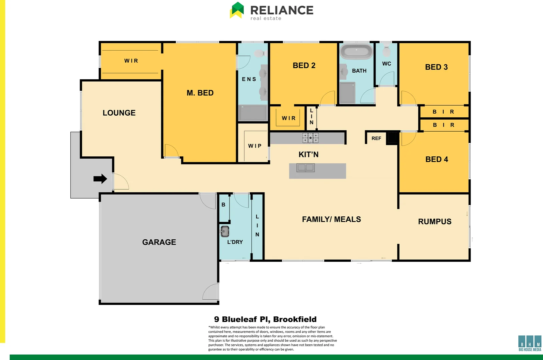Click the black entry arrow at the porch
click(x=100, y=179)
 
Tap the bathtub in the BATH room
click(x=356, y=52)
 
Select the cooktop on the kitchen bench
click(x=311, y=138)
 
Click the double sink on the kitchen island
click(x=306, y=167)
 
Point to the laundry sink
click(x=225, y=231)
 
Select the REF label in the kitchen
click(x=376, y=138)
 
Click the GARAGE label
click(x=159, y=242)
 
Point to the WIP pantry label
click(x=255, y=146)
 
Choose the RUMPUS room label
click(x=435, y=222)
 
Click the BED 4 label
click(x=437, y=159)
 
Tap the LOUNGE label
click(x=119, y=113)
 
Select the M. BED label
click(x=200, y=93)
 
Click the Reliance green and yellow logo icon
click(x=237, y=10)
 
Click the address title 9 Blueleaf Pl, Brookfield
click(x=265, y=319)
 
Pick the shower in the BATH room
click(x=348, y=93)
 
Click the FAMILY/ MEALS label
click(x=331, y=219)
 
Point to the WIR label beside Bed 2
click(x=289, y=118)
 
